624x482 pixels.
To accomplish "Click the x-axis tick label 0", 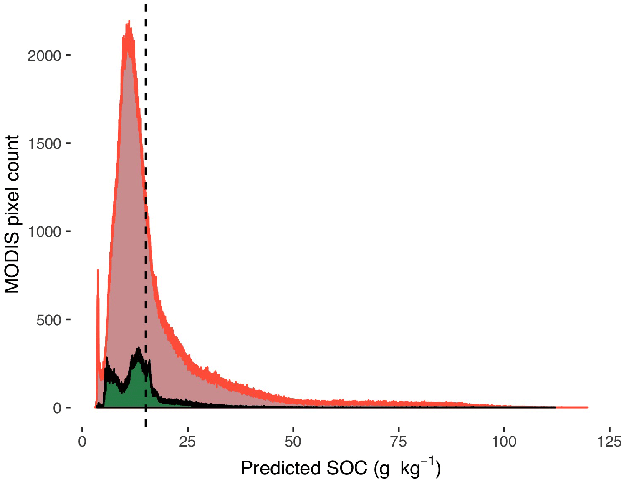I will coord(82,442).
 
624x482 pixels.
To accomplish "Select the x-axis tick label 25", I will coord(187,442).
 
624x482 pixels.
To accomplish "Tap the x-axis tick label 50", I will coord(293,442).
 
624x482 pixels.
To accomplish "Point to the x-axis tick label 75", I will coord(399,442).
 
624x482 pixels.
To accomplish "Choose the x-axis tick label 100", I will coord(504,442).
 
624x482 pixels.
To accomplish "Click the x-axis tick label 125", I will coord(609,442).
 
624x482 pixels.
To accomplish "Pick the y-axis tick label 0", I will coord(57,408).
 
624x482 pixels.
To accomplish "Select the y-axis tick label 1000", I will coord(45,232).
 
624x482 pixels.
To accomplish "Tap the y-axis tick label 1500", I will coord(45,144).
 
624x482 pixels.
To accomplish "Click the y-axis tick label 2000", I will coord(45,56).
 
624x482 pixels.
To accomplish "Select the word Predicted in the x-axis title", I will coord(281,469).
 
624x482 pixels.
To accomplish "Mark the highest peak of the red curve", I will coord(129,21).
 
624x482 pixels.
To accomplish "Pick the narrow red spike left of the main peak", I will coord(98,270).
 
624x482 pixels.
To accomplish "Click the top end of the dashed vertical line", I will coord(145,4).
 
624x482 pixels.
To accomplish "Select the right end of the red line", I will coord(587,407).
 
